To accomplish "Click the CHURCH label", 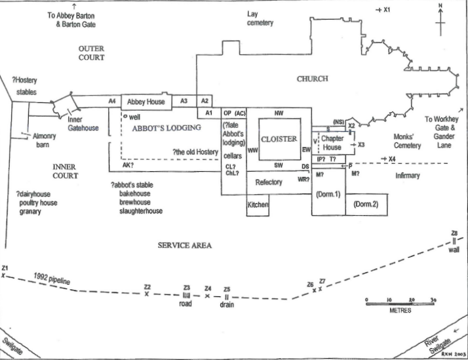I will point(312,79).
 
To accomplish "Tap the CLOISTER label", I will point(279,139).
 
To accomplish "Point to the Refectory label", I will point(268,182).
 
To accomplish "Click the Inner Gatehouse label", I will point(83,124).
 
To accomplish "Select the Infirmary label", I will point(407,176).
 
